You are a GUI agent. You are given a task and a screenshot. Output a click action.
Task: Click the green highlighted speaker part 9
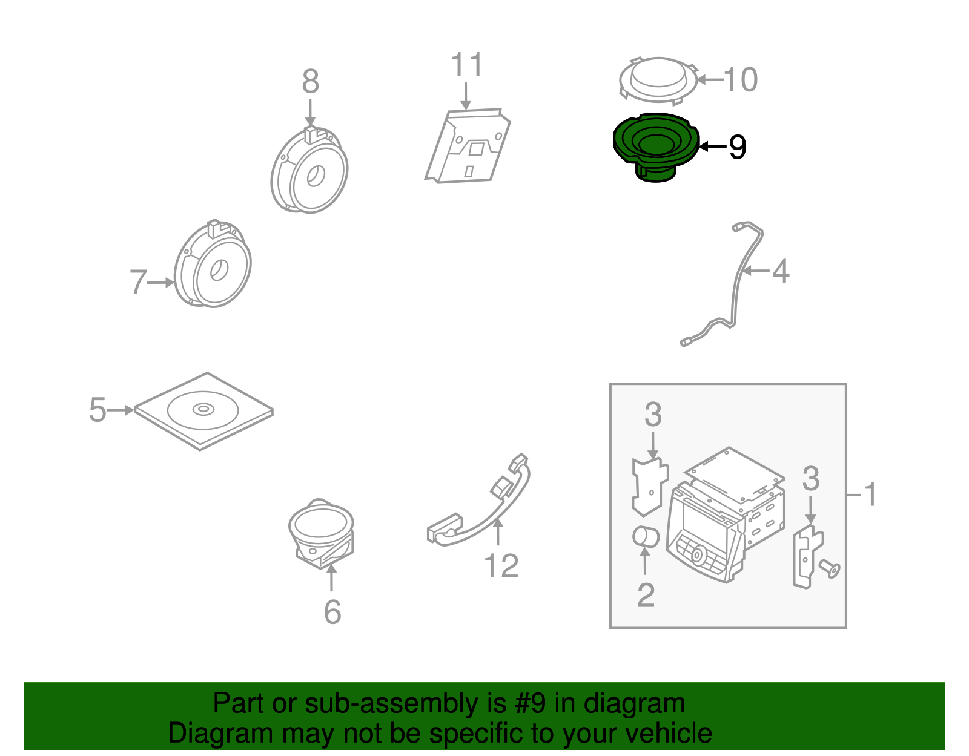coord(655,145)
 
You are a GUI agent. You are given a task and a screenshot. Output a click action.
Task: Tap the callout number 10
coord(740,79)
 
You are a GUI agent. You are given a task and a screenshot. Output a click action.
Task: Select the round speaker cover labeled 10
coord(658,79)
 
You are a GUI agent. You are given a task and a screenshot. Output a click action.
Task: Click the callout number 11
coord(467,65)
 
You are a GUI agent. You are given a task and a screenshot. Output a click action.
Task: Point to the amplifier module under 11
coord(468,146)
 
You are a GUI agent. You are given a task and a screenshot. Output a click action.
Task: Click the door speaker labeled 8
coord(309,171)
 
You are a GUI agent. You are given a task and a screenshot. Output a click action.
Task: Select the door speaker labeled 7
coord(213,266)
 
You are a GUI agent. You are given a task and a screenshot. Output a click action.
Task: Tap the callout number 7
coord(138,282)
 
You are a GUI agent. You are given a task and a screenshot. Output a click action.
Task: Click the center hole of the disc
coord(203,410)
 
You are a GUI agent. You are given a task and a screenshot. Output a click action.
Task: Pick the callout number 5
coord(97,410)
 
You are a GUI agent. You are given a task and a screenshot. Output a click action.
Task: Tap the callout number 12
coord(501,566)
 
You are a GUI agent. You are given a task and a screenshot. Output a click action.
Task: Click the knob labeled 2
coord(646,537)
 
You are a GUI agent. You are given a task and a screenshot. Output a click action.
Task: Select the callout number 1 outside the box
coord(870,495)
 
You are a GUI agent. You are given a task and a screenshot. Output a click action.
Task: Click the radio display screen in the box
coord(705,521)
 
